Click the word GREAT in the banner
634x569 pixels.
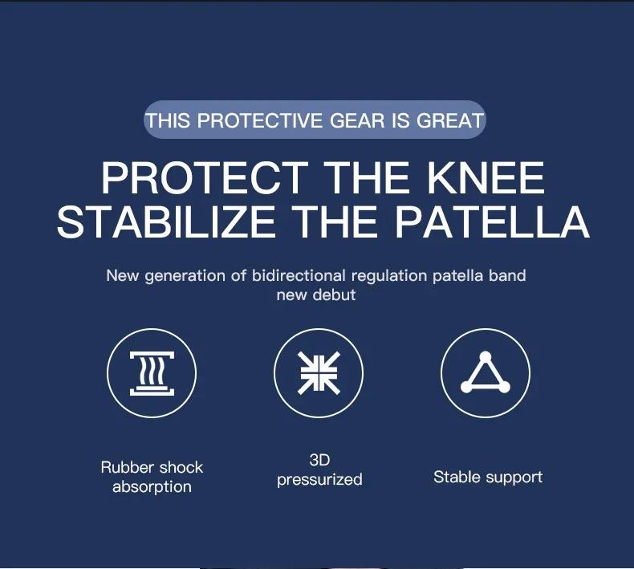(450, 121)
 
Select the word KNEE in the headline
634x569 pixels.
(487, 178)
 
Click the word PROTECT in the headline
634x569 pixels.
(205, 178)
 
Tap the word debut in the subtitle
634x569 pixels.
(335, 295)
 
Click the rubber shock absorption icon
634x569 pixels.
(152, 374)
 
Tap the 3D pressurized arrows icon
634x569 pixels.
(319, 374)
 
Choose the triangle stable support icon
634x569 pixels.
(486, 374)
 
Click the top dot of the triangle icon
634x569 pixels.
(485, 356)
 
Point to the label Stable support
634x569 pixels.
(488, 477)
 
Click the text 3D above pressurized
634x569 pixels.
(319, 460)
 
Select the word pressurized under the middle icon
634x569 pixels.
(319, 479)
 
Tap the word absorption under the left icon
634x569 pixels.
(152, 486)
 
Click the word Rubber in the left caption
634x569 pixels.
(126, 467)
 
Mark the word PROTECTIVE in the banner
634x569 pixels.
(258, 121)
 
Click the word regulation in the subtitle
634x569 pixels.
(389, 275)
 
